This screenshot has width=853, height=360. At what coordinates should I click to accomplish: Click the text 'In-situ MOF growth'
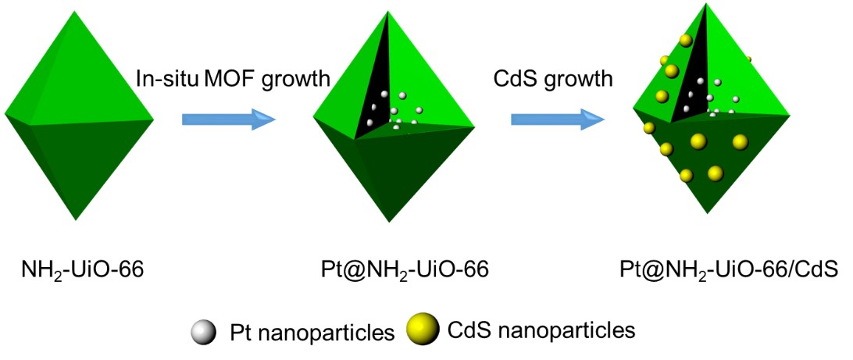(x=233, y=79)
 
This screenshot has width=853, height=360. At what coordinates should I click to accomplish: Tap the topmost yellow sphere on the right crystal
(x=687, y=40)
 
